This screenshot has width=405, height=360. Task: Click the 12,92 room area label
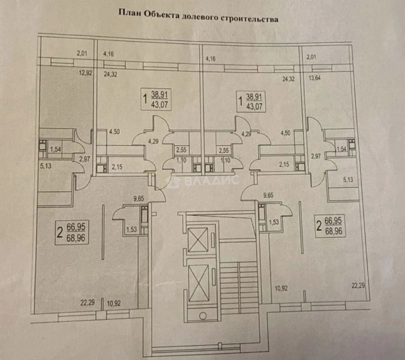pyautogui.click(x=86, y=73)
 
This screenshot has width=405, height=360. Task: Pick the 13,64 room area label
pyautogui.click(x=315, y=78)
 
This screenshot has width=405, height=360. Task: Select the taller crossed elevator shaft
pyautogui.click(x=199, y=283)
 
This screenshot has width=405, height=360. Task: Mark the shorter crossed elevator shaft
pyautogui.click(x=198, y=240)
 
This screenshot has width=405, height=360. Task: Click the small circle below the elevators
pyautogui.click(x=203, y=316)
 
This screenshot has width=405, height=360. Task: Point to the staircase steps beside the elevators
pyautogui.click(x=238, y=288)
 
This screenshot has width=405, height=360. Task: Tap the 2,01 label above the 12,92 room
pyautogui.click(x=82, y=53)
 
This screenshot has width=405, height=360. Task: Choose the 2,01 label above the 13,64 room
pyautogui.click(x=311, y=57)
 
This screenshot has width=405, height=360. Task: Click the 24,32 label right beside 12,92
pyautogui.click(x=111, y=74)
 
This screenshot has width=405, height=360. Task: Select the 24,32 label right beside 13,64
pyautogui.click(x=288, y=79)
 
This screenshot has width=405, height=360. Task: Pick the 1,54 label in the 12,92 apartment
pyautogui.click(x=55, y=149)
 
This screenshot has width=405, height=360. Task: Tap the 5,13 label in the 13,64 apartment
pyautogui.click(x=348, y=179)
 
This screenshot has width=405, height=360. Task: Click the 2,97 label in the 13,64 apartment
pyautogui.click(x=316, y=156)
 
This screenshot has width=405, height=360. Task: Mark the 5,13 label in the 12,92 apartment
pyautogui.click(x=46, y=166)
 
